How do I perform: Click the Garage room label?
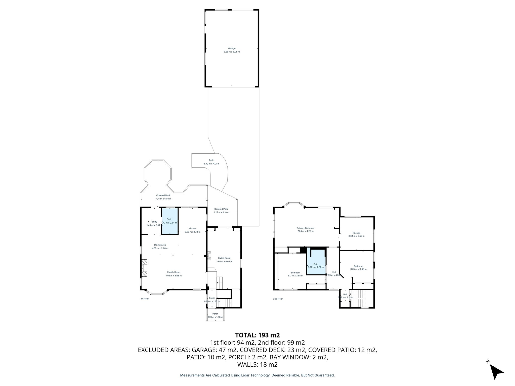(232, 49)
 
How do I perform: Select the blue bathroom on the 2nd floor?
(316, 262)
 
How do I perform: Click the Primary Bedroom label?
(305, 228)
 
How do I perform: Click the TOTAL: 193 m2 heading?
(257, 335)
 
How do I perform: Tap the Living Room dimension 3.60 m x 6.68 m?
(224, 262)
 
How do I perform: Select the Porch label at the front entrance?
(215, 314)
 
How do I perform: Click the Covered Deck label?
(163, 195)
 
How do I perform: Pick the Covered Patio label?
(221, 209)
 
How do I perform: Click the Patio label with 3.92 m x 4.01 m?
(211, 160)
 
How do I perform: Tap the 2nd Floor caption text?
(278, 299)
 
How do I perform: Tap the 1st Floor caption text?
(145, 299)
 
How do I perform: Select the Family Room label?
(174, 272)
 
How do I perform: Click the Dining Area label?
(160, 245)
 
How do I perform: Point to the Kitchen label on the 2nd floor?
(356, 233)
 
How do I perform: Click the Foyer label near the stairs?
(212, 298)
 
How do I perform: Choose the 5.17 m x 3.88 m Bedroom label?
(295, 273)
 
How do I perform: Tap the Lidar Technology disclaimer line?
(257, 375)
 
